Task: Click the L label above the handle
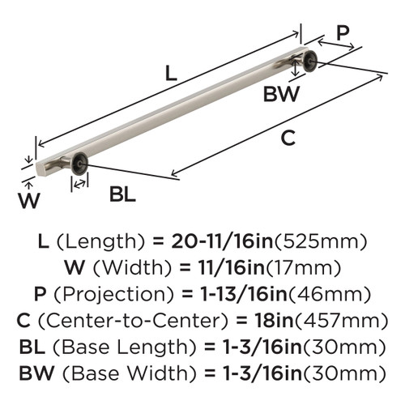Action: point(169,72)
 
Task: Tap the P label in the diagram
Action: point(343,33)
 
